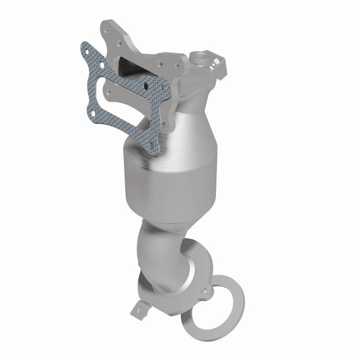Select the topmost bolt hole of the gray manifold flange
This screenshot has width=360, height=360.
click(107, 30)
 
